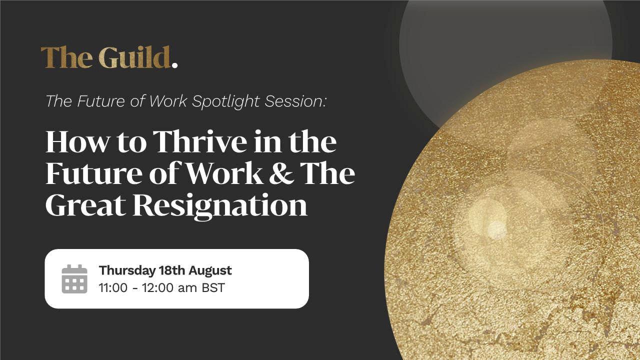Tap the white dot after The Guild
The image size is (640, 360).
click(x=174, y=65)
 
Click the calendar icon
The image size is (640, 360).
click(x=74, y=279)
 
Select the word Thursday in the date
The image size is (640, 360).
click(x=127, y=270)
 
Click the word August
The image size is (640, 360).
click(x=210, y=270)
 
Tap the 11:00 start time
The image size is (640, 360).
click(x=113, y=287)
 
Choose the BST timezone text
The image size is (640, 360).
click(x=213, y=287)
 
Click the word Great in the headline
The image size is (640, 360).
click(x=85, y=205)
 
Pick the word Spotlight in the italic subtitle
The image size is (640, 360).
click(x=225, y=101)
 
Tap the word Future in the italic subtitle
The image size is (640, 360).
click(x=100, y=101)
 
